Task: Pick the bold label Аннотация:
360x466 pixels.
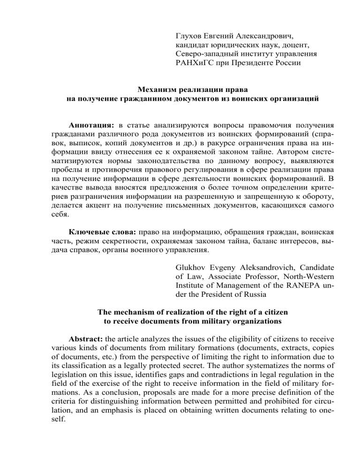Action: coord(91,127)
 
